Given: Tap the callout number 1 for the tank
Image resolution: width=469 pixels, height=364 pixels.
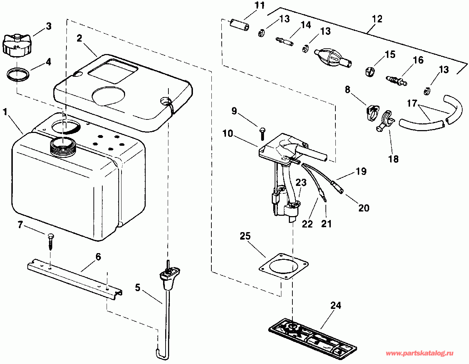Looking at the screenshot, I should coord(5,112).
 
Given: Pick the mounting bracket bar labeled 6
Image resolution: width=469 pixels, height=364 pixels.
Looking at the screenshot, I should coord(75,277).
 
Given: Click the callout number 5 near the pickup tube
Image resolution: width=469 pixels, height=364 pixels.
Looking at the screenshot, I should coord(138,288).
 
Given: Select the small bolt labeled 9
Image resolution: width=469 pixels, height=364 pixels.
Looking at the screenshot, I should coord(262,133).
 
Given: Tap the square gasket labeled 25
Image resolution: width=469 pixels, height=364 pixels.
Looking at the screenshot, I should coord(283,267).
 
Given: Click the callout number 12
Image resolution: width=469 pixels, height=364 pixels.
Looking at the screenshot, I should coord(377,19).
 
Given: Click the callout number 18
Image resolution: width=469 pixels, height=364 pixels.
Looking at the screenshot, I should coord(393,159).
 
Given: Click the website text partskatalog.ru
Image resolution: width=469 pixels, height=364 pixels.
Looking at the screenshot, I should coord(419,353).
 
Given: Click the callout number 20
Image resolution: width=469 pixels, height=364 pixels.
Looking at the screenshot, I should coord(364,208).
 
